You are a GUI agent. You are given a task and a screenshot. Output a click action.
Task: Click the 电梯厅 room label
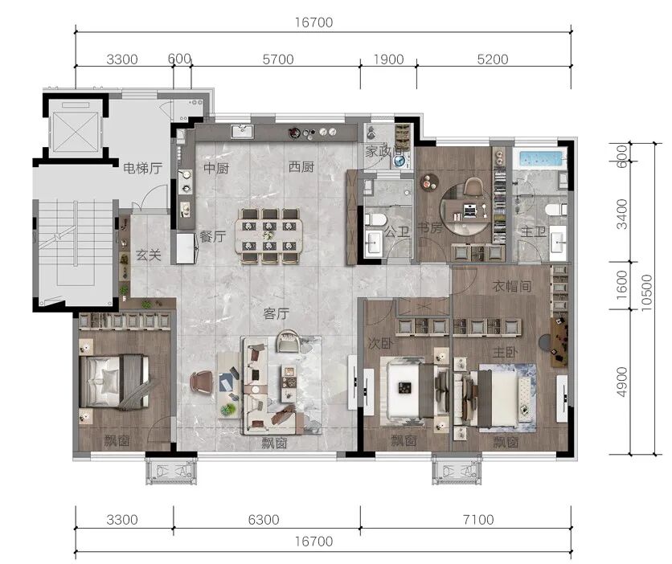click(143, 168)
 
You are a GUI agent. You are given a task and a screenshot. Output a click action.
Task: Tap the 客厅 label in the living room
click(276, 314)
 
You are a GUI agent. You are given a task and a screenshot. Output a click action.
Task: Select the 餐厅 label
click(213, 236)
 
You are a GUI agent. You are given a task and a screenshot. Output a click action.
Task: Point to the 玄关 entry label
click(148, 255)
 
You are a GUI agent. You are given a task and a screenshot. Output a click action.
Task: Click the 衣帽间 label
click(512, 286)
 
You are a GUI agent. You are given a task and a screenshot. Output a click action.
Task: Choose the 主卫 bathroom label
click(533, 231)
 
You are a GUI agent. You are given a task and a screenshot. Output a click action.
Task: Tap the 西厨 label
click(301, 166)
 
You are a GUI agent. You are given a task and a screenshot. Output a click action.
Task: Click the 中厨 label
click(216, 167)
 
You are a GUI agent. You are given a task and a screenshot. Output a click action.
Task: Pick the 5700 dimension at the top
click(278, 59)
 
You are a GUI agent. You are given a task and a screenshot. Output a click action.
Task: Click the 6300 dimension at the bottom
click(264, 520)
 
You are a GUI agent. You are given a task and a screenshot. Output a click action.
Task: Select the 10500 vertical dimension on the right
click(647, 292)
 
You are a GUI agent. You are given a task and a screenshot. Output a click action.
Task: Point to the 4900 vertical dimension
click(621, 382)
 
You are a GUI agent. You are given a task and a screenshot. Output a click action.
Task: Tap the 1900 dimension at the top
click(388, 59)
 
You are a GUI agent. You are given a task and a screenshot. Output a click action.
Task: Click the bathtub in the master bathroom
click(540, 158)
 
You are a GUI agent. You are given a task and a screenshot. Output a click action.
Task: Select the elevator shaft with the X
click(76, 130)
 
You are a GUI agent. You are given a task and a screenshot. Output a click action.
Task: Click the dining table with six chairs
click(268, 235)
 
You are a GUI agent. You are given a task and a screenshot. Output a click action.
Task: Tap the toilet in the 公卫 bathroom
click(375, 219)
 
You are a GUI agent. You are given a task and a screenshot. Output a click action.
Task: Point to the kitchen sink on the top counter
click(242, 131)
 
